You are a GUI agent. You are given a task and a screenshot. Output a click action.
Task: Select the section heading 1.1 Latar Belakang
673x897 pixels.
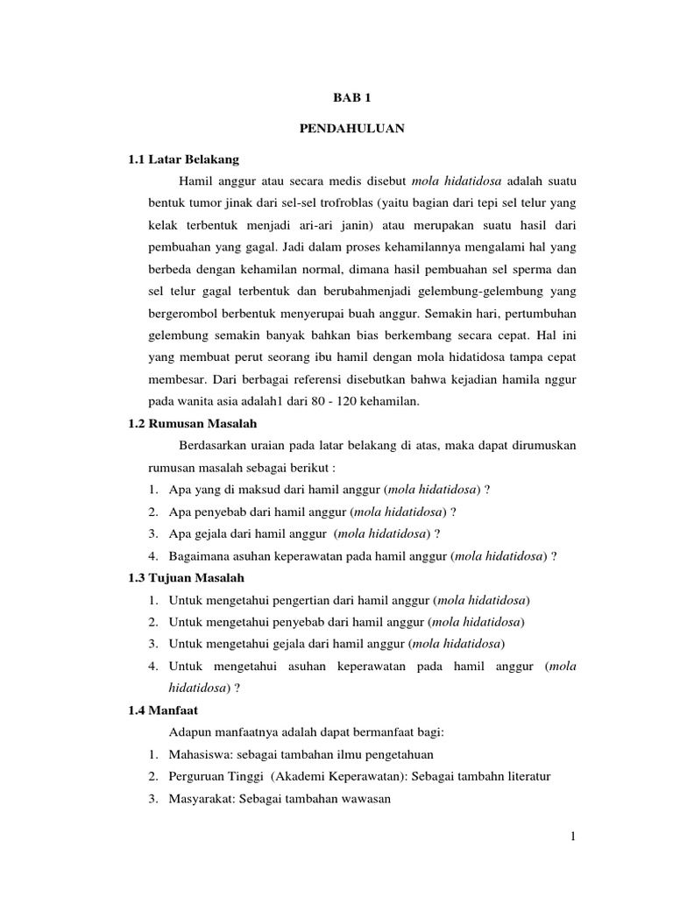[x=183, y=159]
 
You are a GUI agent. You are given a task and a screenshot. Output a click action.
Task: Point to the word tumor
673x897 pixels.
[x=203, y=202]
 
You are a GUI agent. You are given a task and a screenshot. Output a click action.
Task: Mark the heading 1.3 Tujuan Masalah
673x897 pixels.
[x=186, y=578]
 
